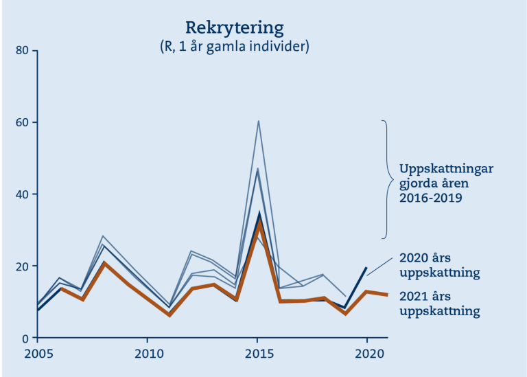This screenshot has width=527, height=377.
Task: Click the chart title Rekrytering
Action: (x=235, y=28)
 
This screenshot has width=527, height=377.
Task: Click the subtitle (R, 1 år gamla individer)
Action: (x=235, y=47)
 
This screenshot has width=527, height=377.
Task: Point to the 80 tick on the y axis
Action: (x=22, y=50)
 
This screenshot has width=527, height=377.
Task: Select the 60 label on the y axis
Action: (x=22, y=122)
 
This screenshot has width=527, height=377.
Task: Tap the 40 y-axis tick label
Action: (x=22, y=194)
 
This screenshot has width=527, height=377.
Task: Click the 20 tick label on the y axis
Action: (x=22, y=266)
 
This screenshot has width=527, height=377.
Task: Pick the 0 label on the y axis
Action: (x=25, y=339)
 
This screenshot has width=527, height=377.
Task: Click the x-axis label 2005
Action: (x=38, y=354)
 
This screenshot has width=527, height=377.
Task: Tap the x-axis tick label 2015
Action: (x=259, y=354)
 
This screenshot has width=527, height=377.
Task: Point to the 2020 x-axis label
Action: (x=369, y=354)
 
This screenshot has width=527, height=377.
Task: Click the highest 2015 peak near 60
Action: (x=259, y=121)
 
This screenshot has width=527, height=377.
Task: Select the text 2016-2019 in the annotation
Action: (x=430, y=198)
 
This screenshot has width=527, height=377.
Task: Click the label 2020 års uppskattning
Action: (x=440, y=265)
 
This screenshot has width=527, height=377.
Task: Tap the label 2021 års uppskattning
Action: (x=440, y=304)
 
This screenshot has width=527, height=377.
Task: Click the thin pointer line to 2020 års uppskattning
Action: (x=379, y=267)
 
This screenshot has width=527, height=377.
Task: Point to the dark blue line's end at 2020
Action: (x=366, y=268)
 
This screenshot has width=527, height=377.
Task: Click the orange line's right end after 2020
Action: (x=388, y=295)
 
